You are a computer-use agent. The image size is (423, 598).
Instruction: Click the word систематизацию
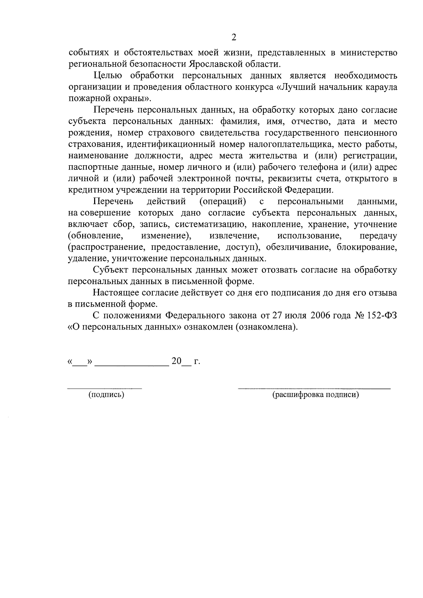tap(210, 224)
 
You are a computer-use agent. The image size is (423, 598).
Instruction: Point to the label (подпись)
tap(106, 395)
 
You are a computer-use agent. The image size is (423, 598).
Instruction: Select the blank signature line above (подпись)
tap(105, 388)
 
